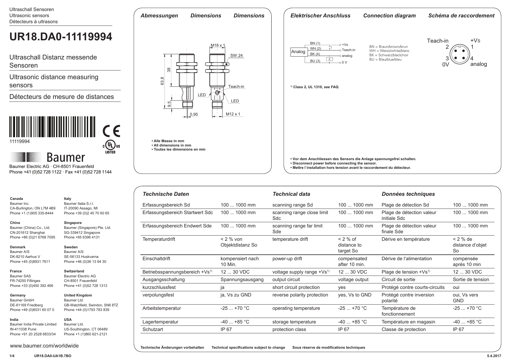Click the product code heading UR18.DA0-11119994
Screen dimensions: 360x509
(61, 37)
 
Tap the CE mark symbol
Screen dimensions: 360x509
(111, 131)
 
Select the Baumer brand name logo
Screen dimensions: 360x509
(66, 158)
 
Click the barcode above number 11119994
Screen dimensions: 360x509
(52, 127)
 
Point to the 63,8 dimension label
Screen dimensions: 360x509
(162, 81)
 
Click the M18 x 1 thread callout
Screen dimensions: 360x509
(218, 45)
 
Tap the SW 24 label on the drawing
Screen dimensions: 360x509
(236, 55)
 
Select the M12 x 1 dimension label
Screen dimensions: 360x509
(233, 114)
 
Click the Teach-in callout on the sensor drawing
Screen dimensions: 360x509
(236, 86)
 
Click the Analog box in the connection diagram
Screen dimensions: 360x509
(298, 52)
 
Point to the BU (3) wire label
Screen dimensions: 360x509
(315, 61)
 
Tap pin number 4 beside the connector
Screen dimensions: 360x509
(472, 58)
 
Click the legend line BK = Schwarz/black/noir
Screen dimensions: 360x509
(389, 55)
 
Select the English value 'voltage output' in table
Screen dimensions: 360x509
(353, 280)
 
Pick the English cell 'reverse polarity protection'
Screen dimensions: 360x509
(300, 295)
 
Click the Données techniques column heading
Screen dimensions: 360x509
(408, 194)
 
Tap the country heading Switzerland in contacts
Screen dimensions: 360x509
(74, 271)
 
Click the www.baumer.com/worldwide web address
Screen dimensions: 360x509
(44, 346)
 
